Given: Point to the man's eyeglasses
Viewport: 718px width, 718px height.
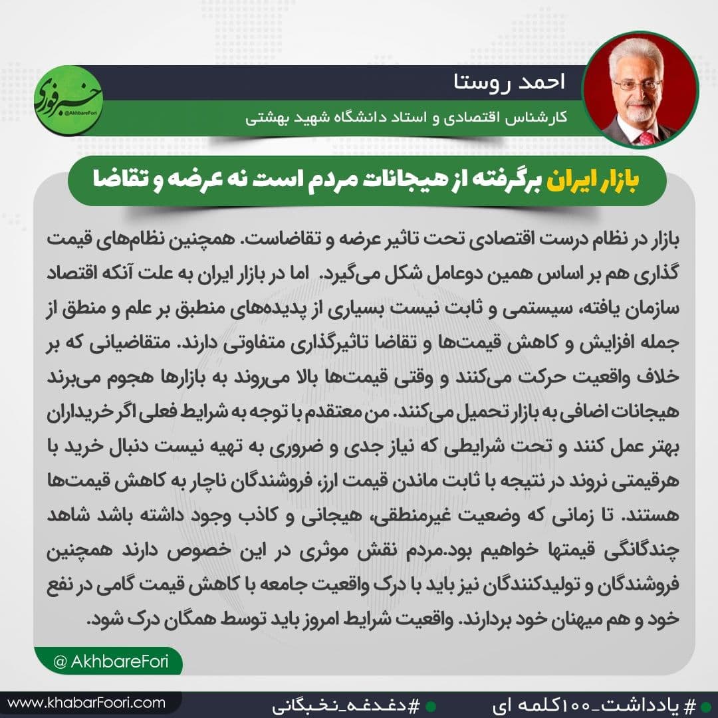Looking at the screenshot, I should click(x=637, y=85).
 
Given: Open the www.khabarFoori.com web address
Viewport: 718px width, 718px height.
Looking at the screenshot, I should click(x=86, y=702).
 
